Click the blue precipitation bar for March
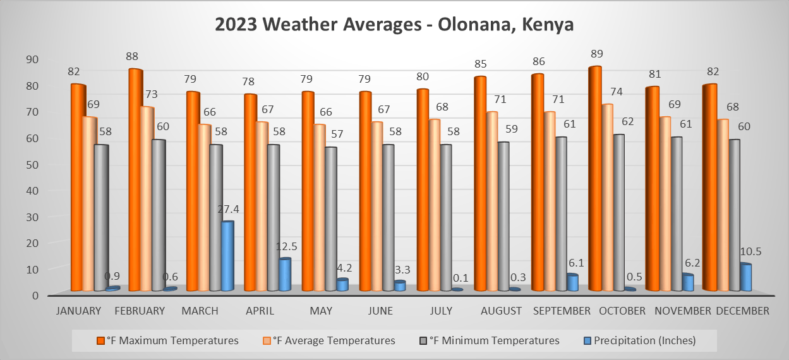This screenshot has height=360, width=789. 227,256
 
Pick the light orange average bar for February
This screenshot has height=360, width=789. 147,199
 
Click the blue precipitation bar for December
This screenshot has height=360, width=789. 745,278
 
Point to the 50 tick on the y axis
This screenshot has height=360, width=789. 32,164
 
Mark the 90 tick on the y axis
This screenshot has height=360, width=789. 32,59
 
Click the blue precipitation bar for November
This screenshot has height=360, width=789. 687,283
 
